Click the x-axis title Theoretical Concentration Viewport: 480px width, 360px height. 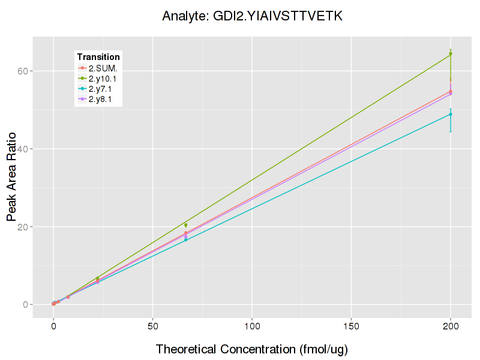click(x=252, y=349)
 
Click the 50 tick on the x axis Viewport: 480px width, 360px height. click(x=152, y=326)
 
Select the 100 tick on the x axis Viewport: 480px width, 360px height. click(x=252, y=326)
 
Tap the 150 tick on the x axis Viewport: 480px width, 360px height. click(x=351, y=326)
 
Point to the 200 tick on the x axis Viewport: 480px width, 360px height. click(x=450, y=326)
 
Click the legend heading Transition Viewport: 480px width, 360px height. click(x=98, y=57)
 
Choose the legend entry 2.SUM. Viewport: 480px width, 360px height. click(x=103, y=68)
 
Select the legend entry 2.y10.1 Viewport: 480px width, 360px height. click(x=103, y=79)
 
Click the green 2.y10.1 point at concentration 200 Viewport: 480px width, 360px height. click(x=450, y=54)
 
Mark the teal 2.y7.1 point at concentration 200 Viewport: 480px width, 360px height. click(x=450, y=114)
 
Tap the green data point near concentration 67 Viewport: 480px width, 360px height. click(x=186, y=225)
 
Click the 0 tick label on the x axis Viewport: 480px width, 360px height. click(x=53, y=326)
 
